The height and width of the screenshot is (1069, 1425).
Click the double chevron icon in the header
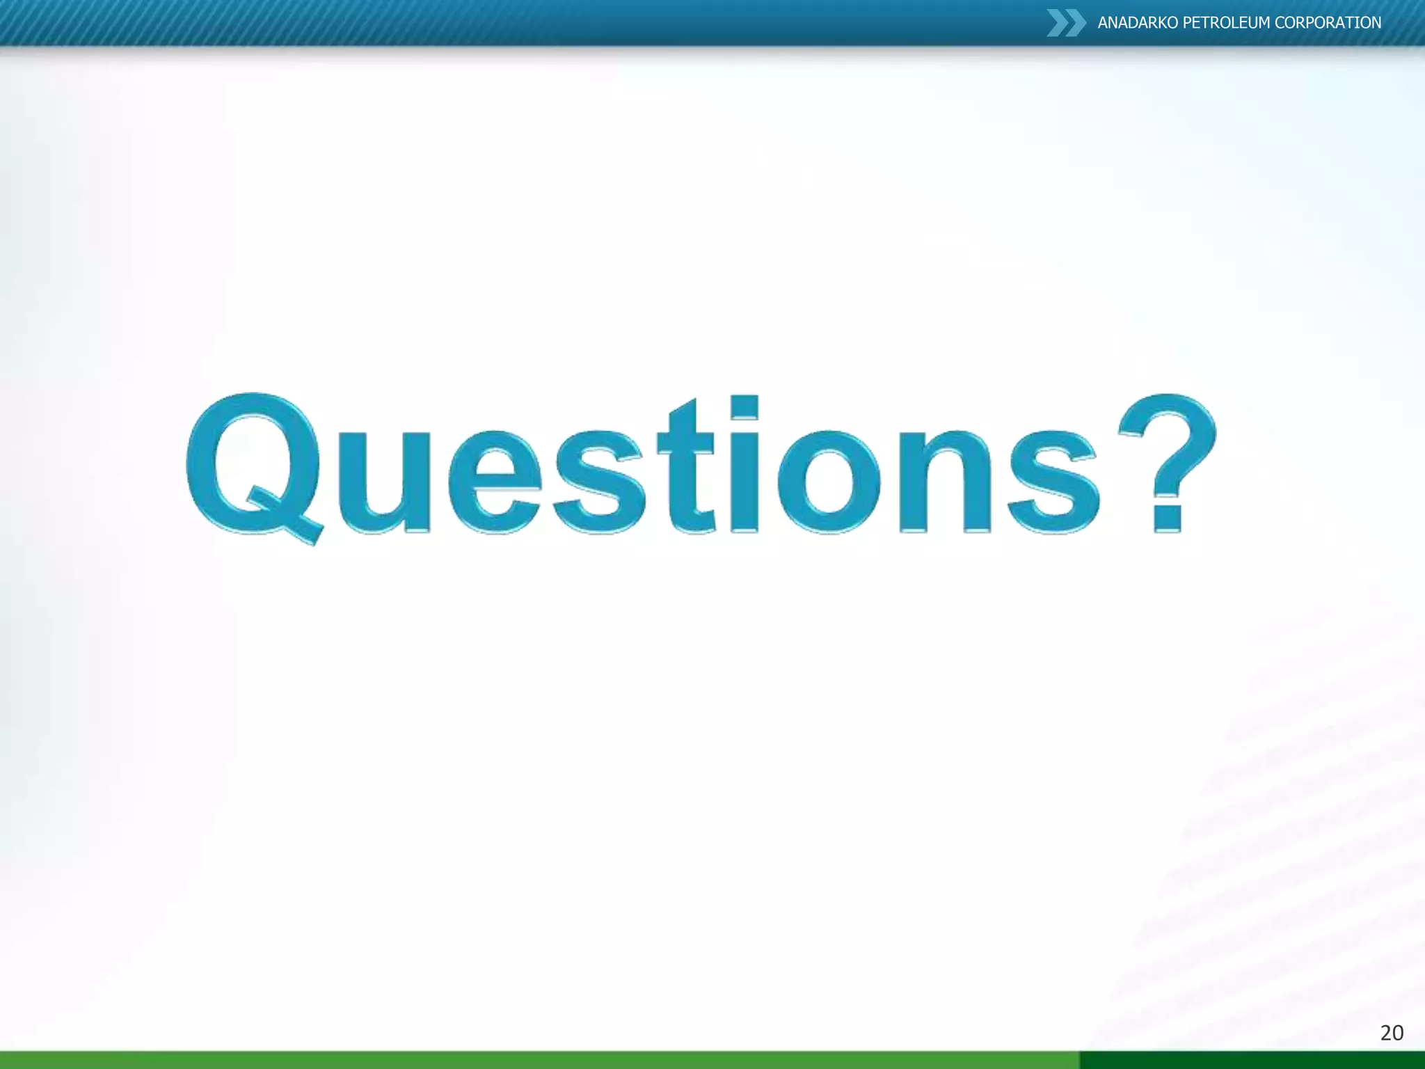pos(1065,23)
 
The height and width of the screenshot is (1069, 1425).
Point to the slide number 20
pos(1392,1033)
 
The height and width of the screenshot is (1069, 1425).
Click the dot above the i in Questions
pos(745,406)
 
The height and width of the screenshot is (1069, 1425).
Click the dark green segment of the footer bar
pos(1252,1060)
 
